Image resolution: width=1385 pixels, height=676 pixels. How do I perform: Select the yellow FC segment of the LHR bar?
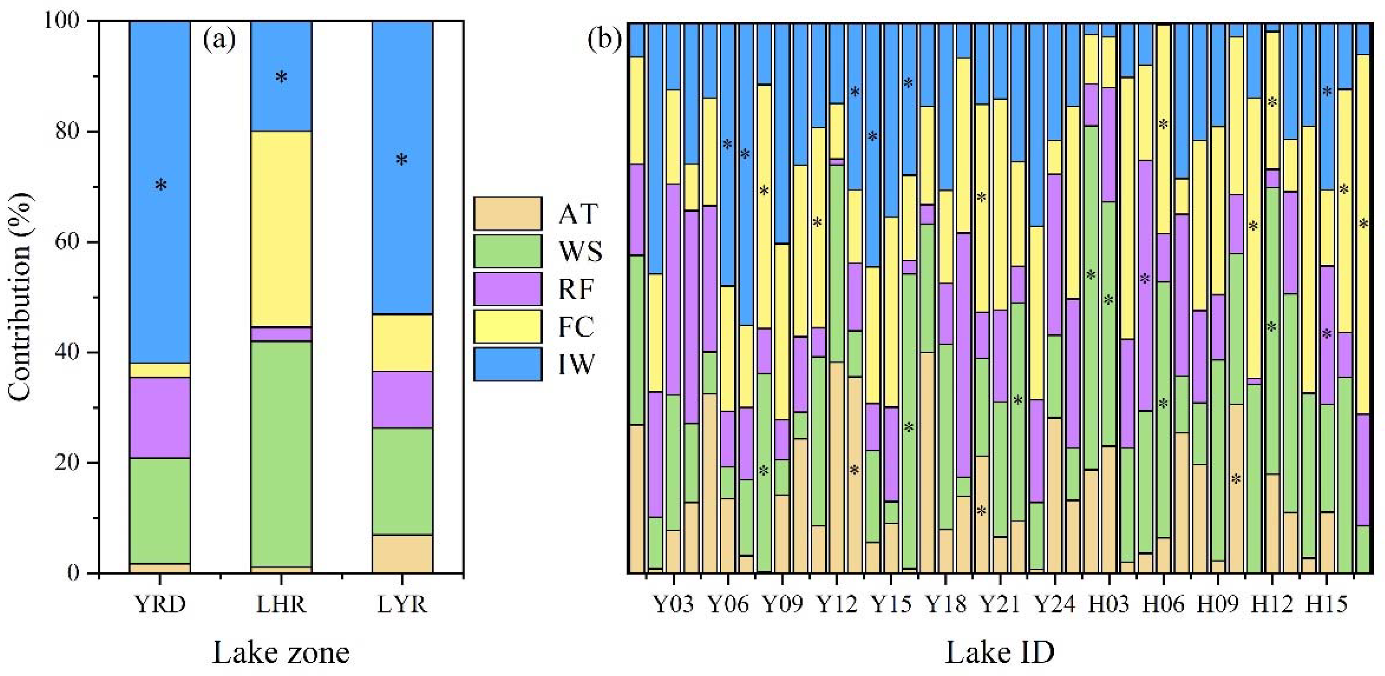point(281,228)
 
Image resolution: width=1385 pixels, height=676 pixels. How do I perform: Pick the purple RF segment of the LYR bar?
point(402,399)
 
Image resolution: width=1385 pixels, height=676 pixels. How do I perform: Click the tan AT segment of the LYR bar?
point(402,553)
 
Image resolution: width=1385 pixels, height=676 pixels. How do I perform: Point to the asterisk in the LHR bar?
point(281,78)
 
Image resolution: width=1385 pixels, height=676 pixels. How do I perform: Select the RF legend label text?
point(576,289)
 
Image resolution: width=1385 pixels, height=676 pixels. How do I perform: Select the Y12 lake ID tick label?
point(837,605)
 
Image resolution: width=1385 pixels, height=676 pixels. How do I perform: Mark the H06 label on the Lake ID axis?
point(1163,605)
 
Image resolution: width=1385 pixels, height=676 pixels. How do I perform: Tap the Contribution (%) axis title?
point(20,297)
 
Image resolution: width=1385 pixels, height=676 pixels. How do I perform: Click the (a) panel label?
point(219,40)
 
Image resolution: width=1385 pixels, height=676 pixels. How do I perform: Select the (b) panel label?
point(604,40)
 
